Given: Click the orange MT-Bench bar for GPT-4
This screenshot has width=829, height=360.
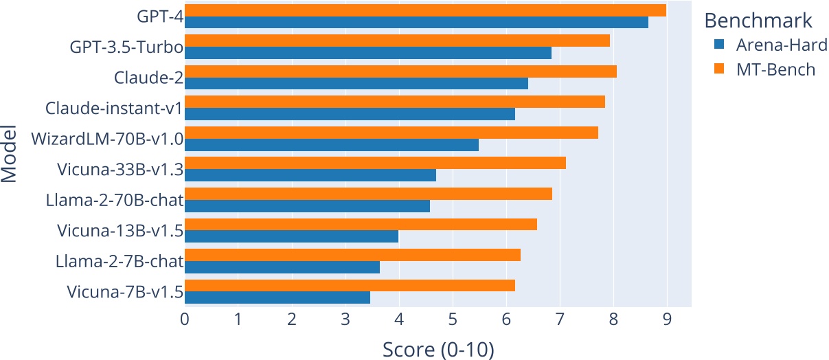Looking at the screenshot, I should coord(425,10).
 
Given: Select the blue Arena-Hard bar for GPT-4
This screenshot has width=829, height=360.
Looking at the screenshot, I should coord(416,23).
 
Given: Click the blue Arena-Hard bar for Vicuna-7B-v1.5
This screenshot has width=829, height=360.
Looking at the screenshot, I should coord(277,297).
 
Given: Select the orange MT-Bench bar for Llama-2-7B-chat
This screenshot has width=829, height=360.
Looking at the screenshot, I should coord(352,255).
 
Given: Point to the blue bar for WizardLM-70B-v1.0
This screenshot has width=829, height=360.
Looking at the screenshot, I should coord(332,145).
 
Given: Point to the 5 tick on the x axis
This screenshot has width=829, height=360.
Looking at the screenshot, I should coord(453,320).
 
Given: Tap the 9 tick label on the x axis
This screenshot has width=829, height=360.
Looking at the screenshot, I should coord(667,320).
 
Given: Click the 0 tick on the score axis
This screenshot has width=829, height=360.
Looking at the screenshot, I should coord(185,320).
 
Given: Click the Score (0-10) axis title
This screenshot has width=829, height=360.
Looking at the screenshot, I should coord(438,349).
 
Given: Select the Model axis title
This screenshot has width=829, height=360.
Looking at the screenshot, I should coord(10,154).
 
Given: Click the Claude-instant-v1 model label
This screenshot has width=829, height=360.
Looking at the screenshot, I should coord(114,109).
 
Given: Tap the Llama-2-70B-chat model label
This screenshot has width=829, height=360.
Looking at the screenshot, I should coord(114,201).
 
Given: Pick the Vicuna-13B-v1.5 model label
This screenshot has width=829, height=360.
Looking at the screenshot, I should coord(120,231).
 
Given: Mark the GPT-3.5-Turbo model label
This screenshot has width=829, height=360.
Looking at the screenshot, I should coord(126,47).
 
